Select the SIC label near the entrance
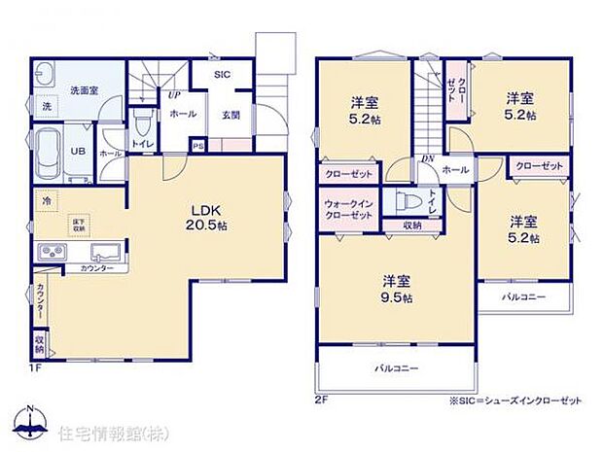223,74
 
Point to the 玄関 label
231,115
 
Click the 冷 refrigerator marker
45,201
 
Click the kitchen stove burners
51,255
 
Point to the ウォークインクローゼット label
347,209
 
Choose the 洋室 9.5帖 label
397,289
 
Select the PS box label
198,148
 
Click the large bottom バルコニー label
396,368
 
